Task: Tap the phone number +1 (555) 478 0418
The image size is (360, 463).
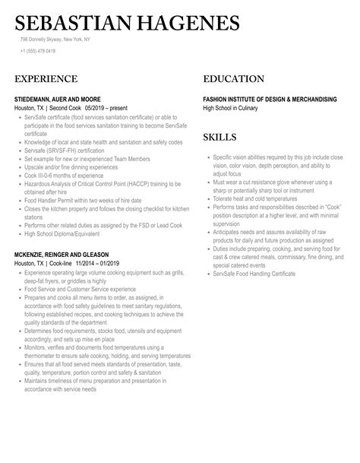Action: pyautogui.click(x=38, y=52)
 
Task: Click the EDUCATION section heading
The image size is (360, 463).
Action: pyautogui.click(x=234, y=79)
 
